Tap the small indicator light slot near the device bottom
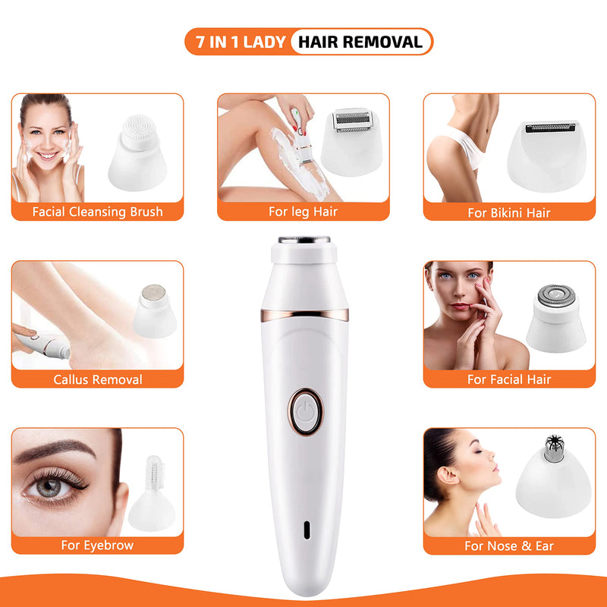[306, 528]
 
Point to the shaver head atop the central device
[305, 240]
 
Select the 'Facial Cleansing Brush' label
[97, 212]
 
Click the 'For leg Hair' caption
[303, 212]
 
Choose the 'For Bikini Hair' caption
[509, 212]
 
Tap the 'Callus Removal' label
[97, 379]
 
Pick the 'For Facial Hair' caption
[509, 379]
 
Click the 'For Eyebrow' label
[97, 545]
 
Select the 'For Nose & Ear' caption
[509, 546]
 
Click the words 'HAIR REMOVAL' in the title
[360, 42]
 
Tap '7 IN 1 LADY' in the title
[237, 42]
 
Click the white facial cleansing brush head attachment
[140, 152]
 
